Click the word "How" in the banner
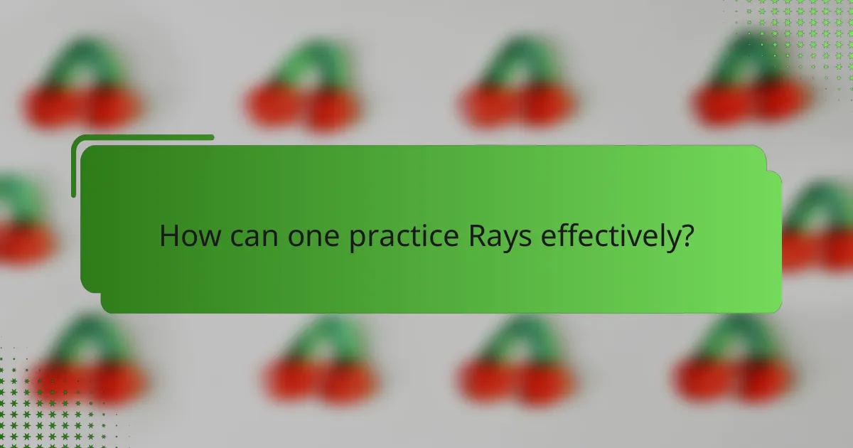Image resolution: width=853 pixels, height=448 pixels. pos(186,235)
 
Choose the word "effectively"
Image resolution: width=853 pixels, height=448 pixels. pos(606,235)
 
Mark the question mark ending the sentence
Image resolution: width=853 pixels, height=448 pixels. pos(685,235)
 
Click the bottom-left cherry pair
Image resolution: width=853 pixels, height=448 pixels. pos(85,363)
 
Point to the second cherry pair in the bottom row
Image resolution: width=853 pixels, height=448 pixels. pos(320,363)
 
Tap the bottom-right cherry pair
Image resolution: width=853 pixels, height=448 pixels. pos(732,363)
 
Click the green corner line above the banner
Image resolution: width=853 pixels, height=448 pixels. pos(142,138)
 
